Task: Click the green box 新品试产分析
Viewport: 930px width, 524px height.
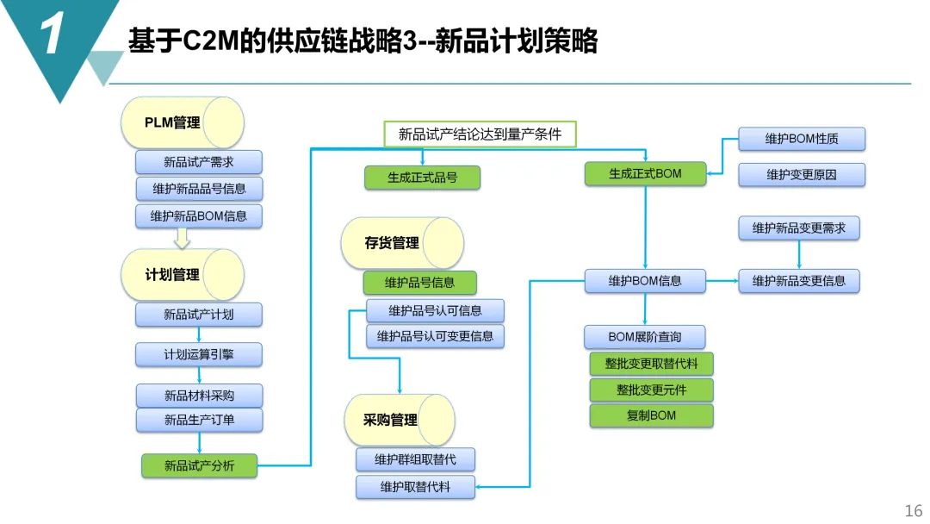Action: point(199,466)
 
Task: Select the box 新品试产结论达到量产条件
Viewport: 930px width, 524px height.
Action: point(480,134)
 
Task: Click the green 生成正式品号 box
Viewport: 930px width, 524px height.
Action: point(422,178)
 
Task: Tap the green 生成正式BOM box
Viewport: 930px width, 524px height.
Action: point(645,173)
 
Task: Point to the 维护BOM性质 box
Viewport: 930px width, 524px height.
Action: point(801,139)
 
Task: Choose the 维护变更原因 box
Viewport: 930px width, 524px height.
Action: point(801,175)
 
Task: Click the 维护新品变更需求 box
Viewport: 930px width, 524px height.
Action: point(798,228)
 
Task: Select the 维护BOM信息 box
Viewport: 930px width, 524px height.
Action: point(645,281)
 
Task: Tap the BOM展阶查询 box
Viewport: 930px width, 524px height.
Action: point(645,336)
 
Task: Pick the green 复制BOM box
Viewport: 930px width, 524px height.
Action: point(651,415)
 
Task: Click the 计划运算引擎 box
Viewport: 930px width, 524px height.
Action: point(199,354)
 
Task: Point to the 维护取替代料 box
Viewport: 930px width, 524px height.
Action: point(415,487)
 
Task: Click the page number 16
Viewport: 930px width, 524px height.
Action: point(912,510)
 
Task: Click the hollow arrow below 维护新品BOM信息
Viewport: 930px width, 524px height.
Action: point(183,238)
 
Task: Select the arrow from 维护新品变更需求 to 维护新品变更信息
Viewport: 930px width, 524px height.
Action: point(799,254)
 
